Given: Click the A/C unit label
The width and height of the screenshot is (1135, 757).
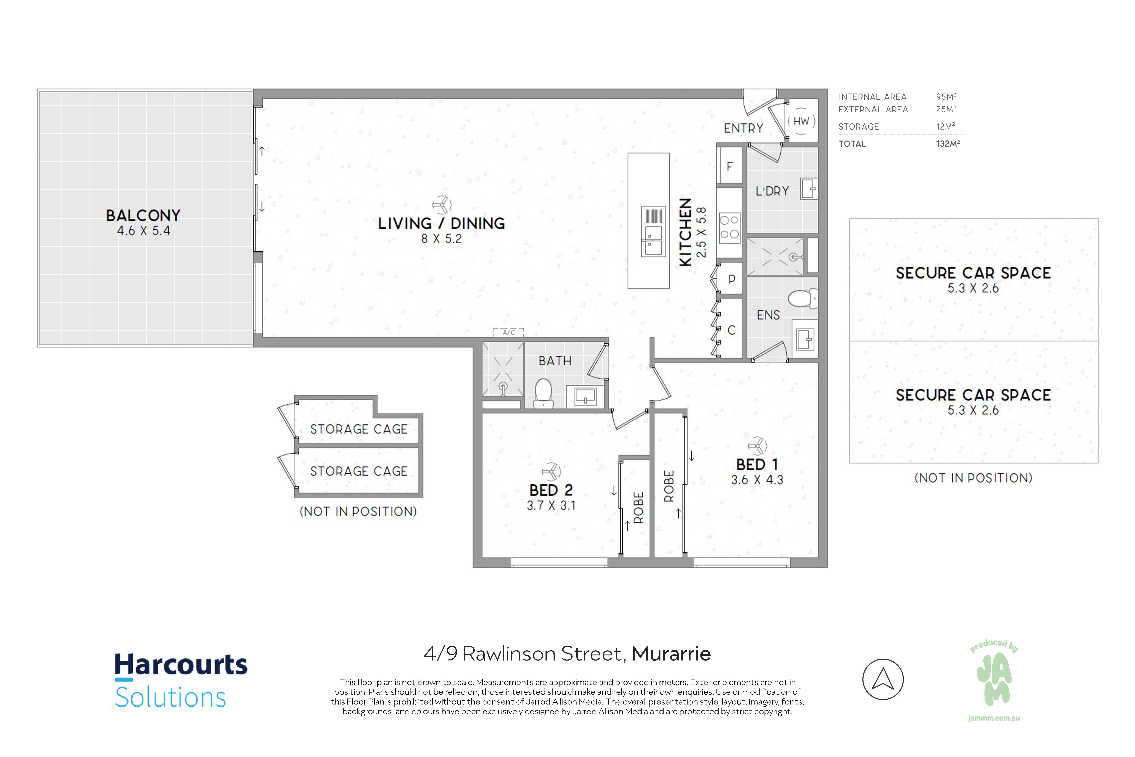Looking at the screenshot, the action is [508, 332].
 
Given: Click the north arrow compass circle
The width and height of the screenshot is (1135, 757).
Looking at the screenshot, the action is [883, 679].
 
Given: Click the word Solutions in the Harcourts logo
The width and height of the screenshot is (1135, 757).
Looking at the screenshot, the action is [170, 697].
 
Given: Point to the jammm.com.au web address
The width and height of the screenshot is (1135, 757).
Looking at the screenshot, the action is [994, 718].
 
